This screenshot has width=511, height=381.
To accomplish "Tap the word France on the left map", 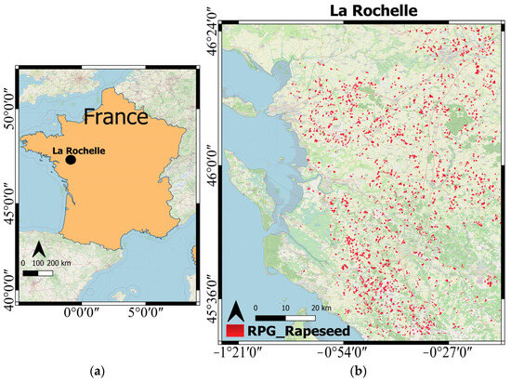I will (x=114, y=118).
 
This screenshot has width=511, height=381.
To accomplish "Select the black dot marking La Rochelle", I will (x=71, y=160).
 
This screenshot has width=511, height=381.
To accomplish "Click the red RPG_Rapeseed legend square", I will (x=235, y=330).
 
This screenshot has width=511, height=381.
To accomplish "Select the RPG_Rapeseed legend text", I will (x=286, y=329).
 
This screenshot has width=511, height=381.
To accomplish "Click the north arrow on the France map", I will (x=41, y=249).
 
